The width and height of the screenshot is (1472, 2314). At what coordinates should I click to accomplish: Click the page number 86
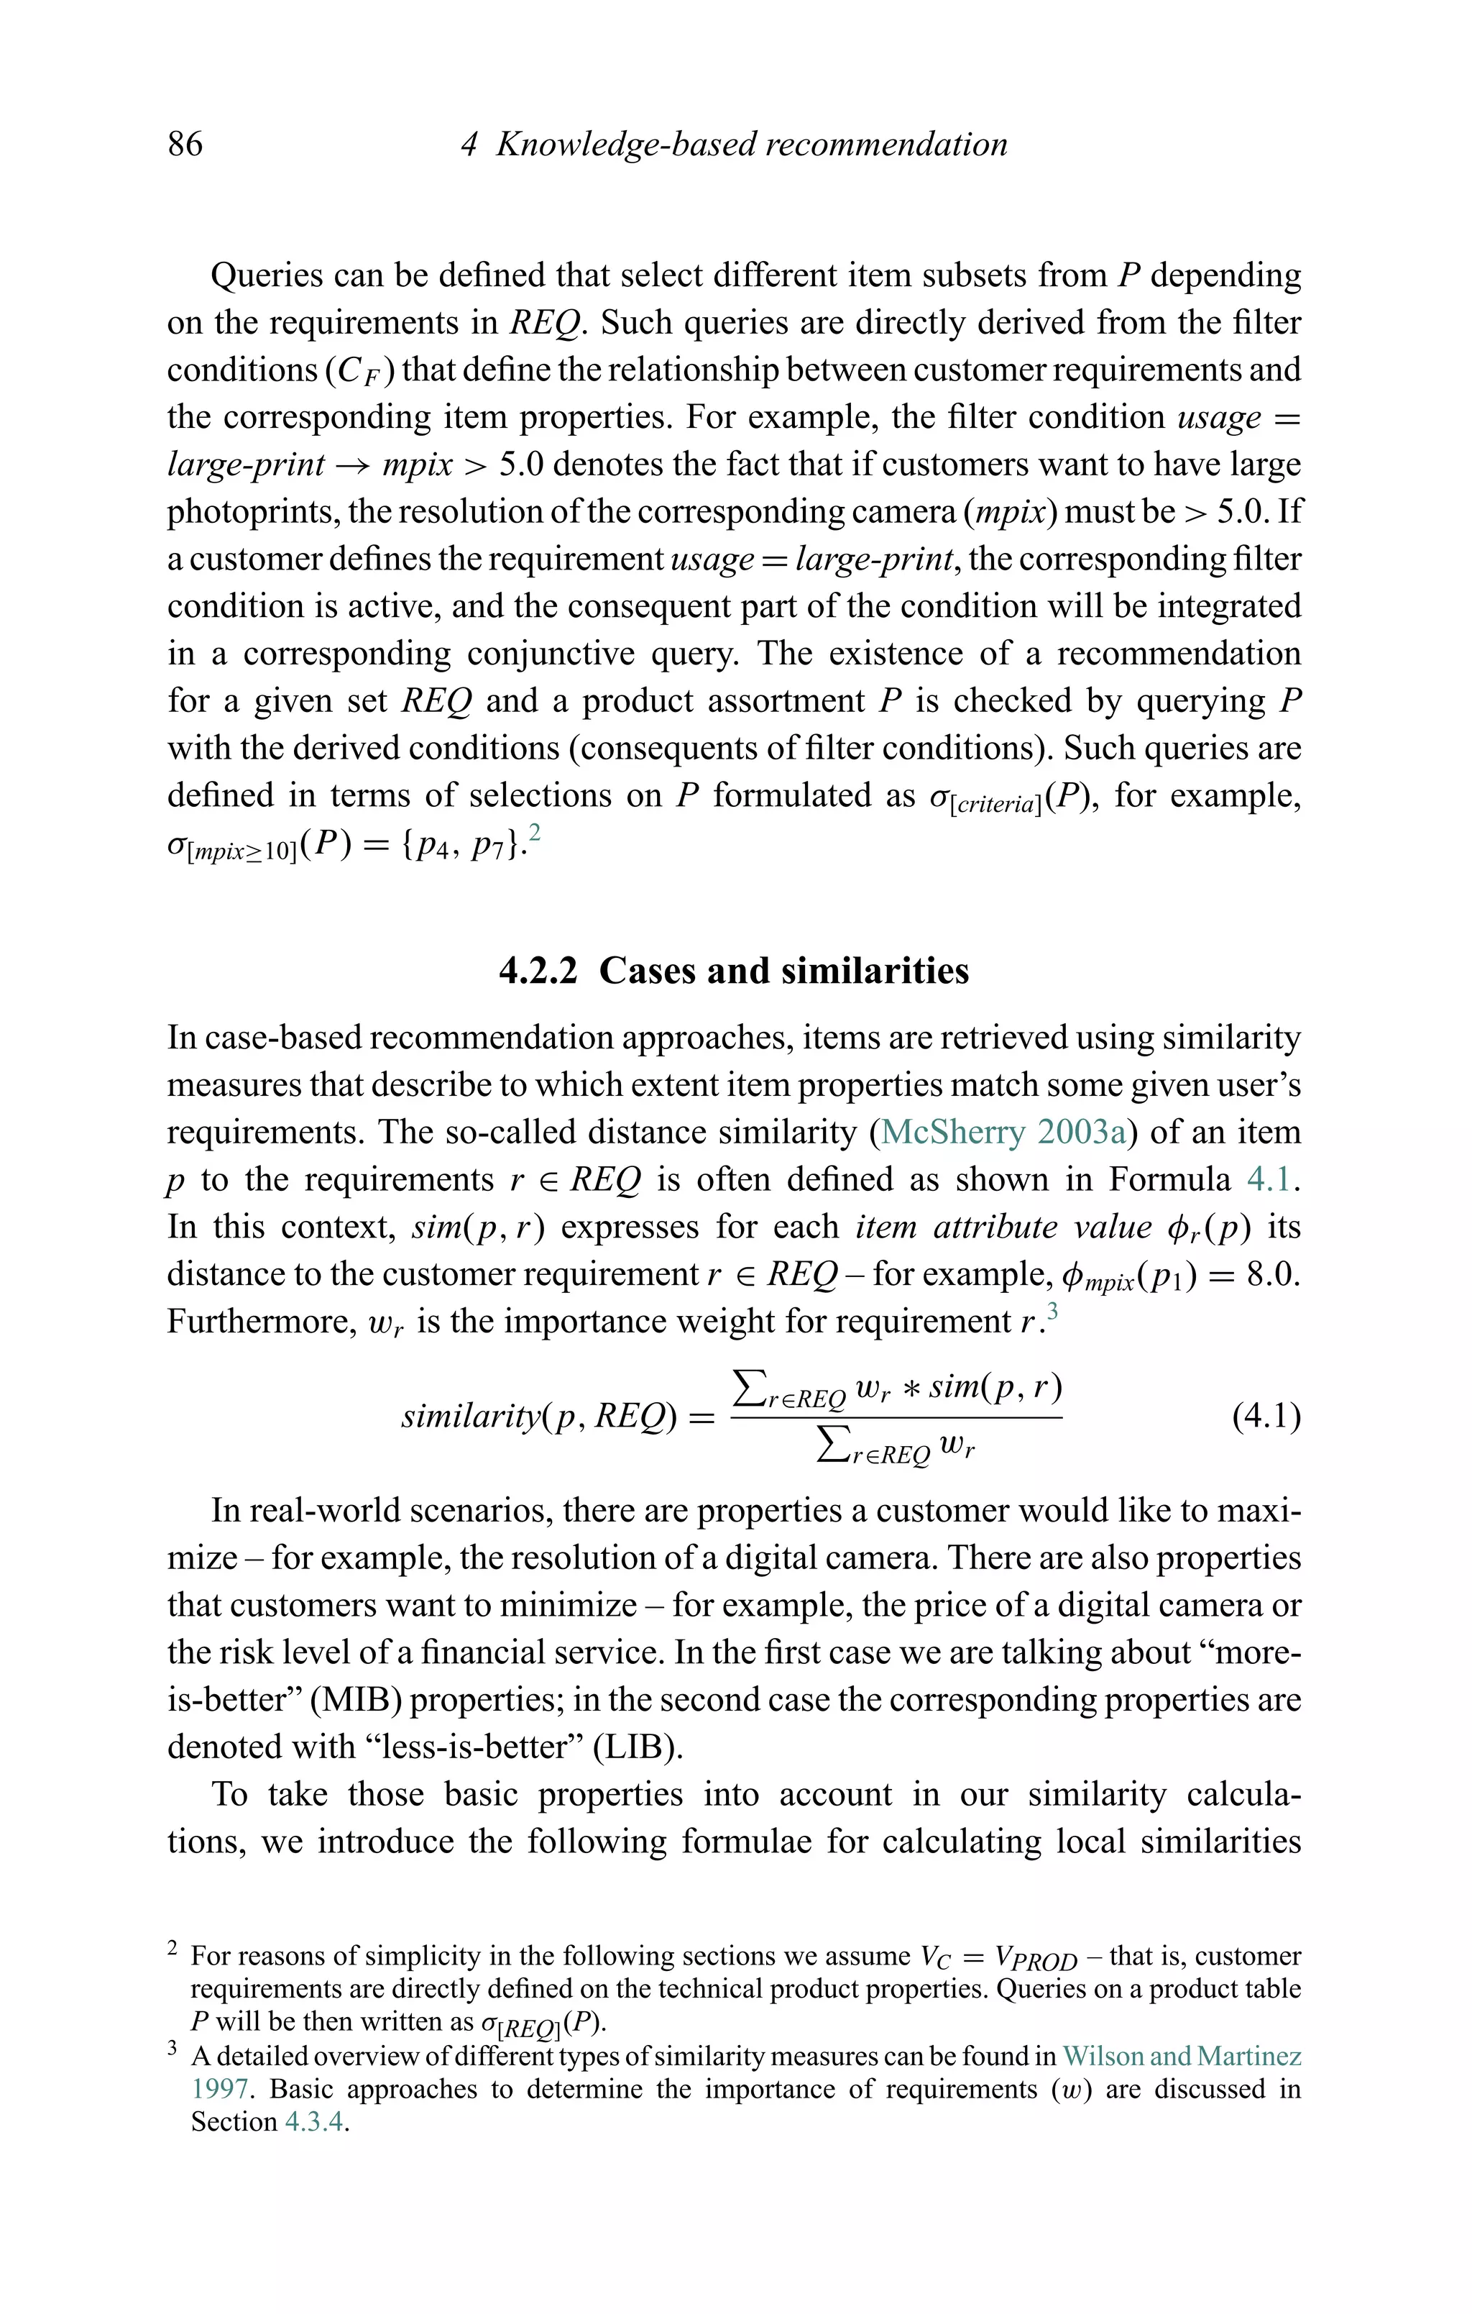[x=185, y=144]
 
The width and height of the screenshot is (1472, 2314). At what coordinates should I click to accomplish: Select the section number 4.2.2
[x=538, y=971]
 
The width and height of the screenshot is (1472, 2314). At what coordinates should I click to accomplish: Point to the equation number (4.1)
[x=1266, y=1417]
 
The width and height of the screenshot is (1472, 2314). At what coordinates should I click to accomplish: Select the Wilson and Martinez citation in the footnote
[x=1182, y=2057]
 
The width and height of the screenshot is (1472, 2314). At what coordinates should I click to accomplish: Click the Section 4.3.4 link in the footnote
[x=314, y=2122]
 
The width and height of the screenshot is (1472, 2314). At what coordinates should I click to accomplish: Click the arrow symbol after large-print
[x=354, y=465]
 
